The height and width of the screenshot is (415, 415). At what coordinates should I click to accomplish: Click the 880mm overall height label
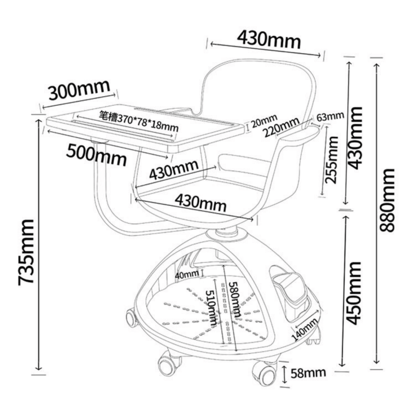[x=387, y=200]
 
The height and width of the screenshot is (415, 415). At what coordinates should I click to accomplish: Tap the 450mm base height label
[x=354, y=293]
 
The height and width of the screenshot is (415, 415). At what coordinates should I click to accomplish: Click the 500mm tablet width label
[x=96, y=155]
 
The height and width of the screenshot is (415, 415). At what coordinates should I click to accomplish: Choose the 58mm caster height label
[x=308, y=373]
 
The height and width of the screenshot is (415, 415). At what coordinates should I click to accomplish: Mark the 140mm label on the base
[x=304, y=330]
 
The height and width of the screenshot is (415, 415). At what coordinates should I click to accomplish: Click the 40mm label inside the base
[x=187, y=275]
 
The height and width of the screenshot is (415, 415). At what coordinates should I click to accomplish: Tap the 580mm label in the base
[x=235, y=299]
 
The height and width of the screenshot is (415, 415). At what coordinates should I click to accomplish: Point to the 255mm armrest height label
[x=331, y=160]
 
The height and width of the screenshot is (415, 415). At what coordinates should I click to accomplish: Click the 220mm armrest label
[x=282, y=127]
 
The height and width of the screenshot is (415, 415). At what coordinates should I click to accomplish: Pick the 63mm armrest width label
[x=330, y=116]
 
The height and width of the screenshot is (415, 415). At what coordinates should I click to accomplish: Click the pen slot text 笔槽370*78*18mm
[x=139, y=122]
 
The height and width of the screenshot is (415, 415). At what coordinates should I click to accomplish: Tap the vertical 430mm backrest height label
[x=355, y=138]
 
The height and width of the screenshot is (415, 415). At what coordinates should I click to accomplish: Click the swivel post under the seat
[x=226, y=232]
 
